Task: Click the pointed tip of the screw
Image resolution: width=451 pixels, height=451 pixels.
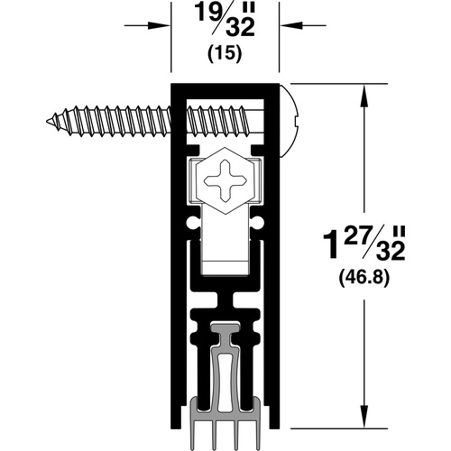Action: tap(47, 121)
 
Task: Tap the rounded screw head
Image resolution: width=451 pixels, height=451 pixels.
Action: tap(289, 121)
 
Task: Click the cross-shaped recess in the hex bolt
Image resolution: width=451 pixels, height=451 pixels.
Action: tap(225, 180)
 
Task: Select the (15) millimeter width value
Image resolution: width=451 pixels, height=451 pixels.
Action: tap(225, 54)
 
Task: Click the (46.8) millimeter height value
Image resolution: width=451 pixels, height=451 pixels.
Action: tap(364, 277)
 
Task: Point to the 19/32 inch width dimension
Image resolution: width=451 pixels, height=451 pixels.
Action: tap(225, 21)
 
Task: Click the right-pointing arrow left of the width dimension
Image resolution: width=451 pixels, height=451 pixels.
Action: tap(147, 25)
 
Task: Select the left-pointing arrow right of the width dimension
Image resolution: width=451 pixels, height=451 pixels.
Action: tap(303, 25)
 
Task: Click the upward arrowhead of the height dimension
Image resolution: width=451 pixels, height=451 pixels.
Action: tap(364, 96)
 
